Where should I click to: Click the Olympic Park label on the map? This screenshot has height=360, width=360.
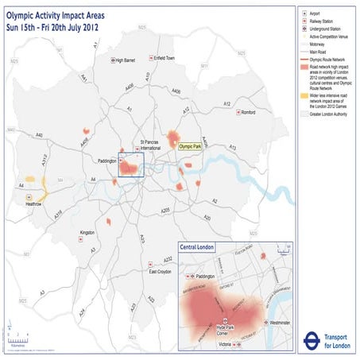[191, 146]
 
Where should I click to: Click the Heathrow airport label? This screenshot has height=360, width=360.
[33, 203]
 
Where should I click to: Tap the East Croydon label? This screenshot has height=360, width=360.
[163, 272]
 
